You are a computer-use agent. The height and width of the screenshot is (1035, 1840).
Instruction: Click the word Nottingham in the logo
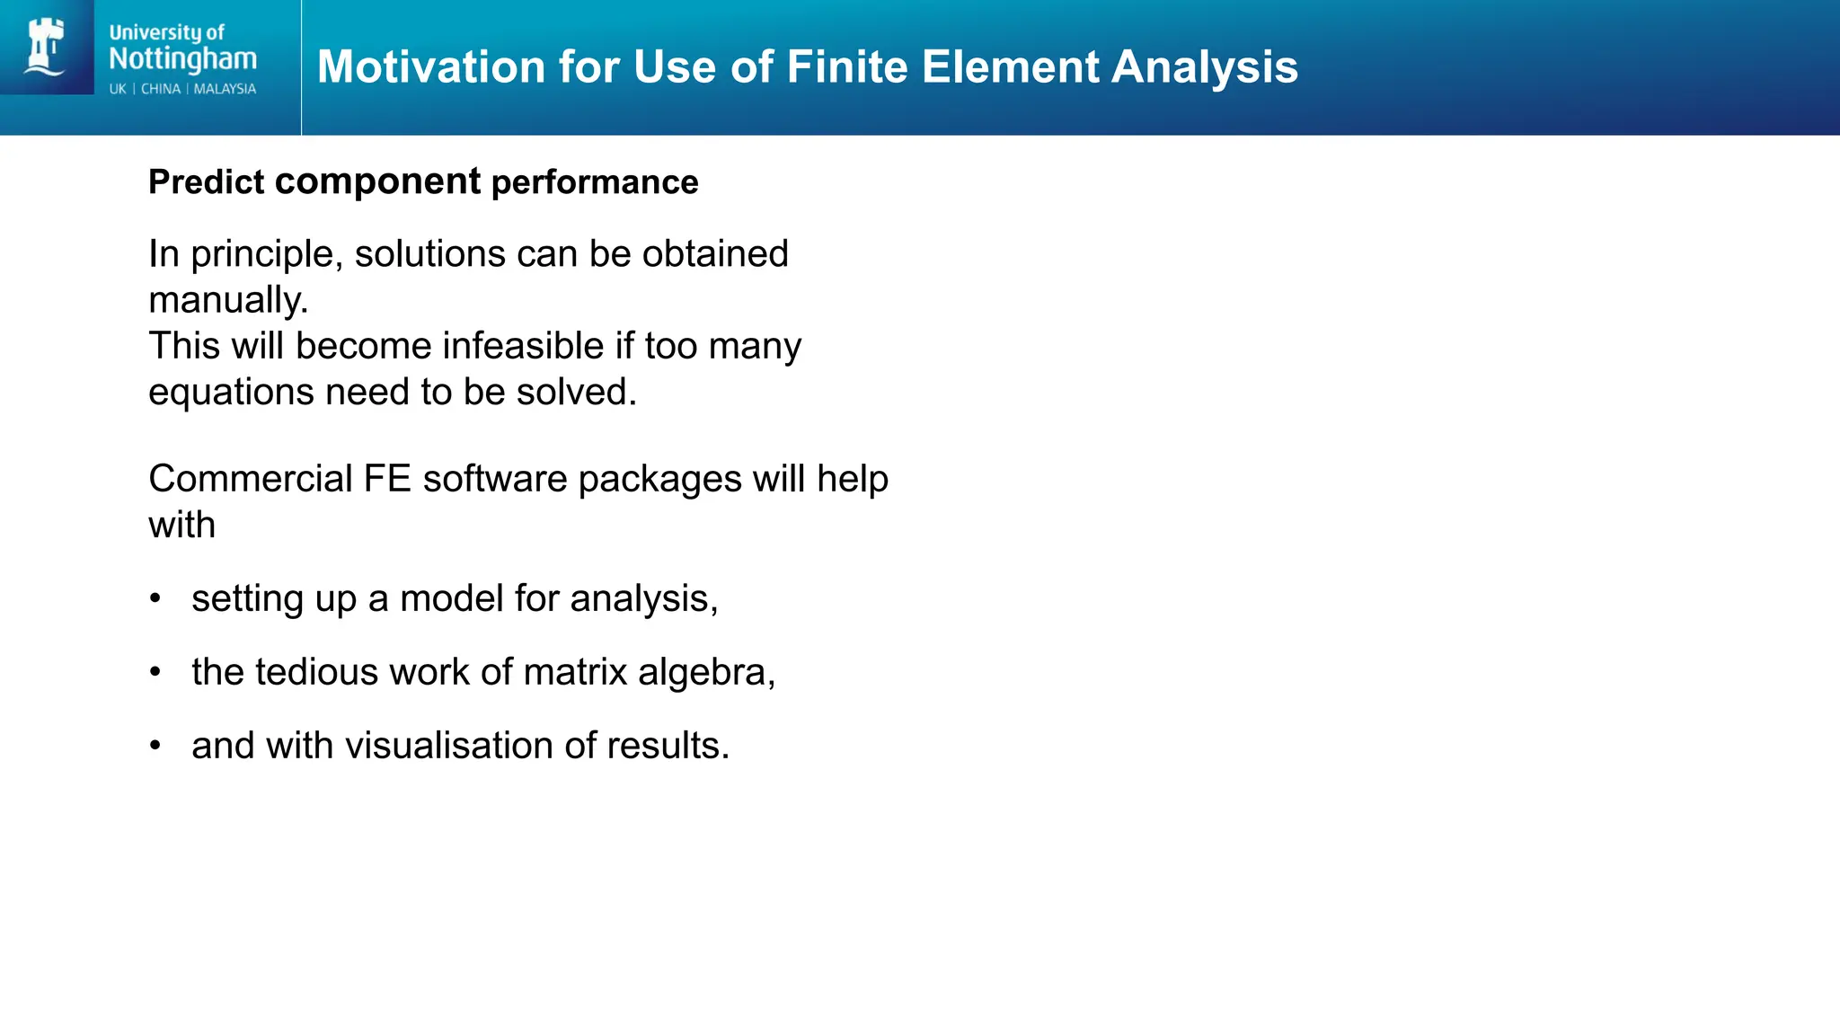[182, 59]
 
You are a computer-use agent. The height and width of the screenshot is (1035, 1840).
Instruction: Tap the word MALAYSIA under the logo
[225, 89]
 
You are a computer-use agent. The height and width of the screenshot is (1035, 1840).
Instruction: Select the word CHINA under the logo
[161, 89]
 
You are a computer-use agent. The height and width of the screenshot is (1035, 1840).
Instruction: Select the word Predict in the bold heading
[206, 182]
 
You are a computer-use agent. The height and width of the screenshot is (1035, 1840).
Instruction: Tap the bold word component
[377, 182]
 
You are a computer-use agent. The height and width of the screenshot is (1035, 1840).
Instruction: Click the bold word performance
[595, 183]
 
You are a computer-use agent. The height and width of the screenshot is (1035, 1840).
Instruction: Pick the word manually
[227, 300]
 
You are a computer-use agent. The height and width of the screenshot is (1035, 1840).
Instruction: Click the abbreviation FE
[387, 479]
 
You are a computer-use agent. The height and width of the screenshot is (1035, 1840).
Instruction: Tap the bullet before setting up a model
[155, 598]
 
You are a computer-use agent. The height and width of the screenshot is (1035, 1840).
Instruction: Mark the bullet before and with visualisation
[155, 746]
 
